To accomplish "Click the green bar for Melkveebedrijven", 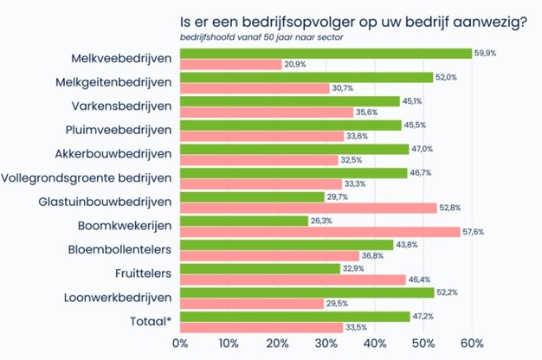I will [326, 54].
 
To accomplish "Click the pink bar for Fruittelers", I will [293, 280].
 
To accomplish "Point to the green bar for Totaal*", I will [294, 317].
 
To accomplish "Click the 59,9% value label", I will [485, 54].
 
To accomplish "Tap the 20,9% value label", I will [295, 66].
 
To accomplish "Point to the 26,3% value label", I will [321, 221].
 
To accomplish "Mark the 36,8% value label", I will [371, 256].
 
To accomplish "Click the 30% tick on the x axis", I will [326, 344].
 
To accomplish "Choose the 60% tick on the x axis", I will [471, 344].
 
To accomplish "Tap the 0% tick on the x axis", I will [181, 344].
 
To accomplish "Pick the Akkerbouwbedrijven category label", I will [116, 154].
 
